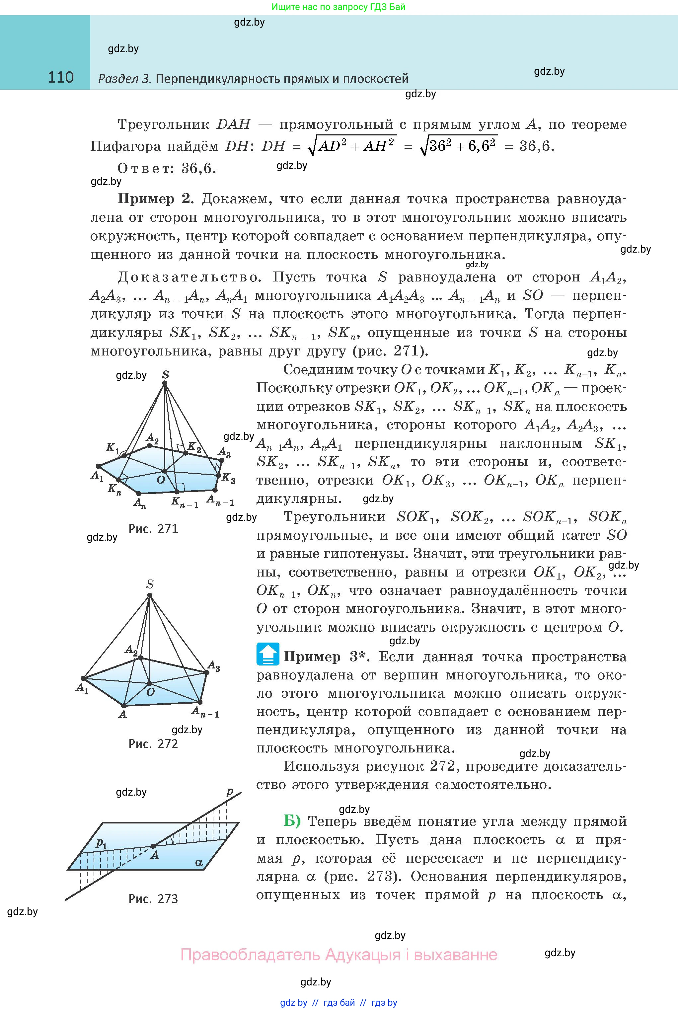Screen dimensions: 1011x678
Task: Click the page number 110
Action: (x=60, y=77)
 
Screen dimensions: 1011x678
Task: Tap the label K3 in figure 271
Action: (x=228, y=478)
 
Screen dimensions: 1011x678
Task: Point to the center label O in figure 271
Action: (x=161, y=480)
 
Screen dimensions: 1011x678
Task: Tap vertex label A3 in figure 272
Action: (x=214, y=666)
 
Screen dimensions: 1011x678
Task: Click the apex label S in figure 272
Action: (x=150, y=584)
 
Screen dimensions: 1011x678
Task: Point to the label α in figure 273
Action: (x=198, y=863)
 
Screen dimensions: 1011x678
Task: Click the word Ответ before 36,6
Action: (x=145, y=168)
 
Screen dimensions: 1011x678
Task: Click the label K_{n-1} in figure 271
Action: (x=184, y=502)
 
